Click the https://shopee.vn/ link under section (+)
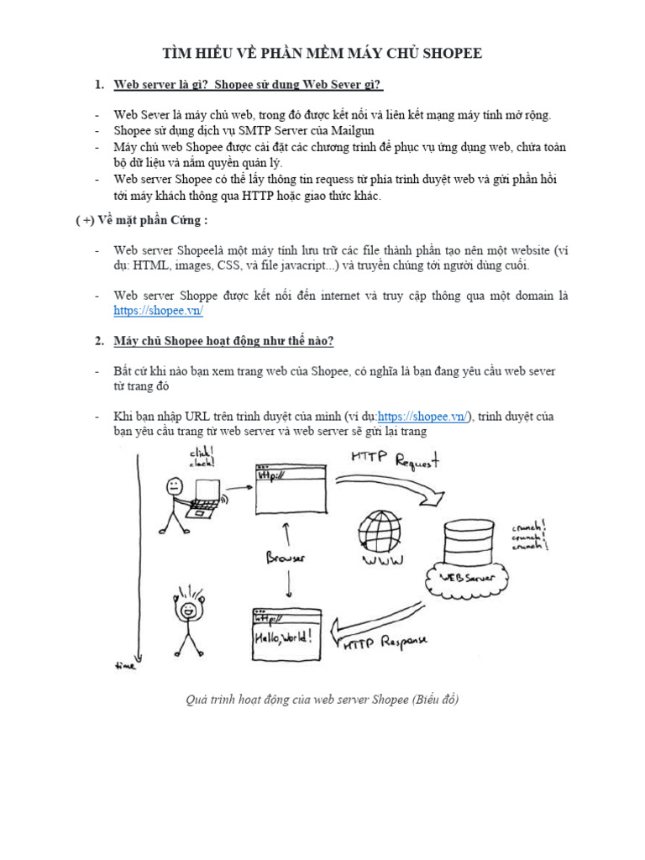pyautogui.click(x=159, y=310)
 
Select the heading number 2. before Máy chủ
pyautogui.click(x=99, y=340)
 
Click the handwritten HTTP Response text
pyautogui.click(x=385, y=643)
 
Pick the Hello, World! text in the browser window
pyautogui.click(x=286, y=636)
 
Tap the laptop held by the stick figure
pyautogui.click(x=203, y=496)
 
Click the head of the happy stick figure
pyautogui.click(x=190, y=608)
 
